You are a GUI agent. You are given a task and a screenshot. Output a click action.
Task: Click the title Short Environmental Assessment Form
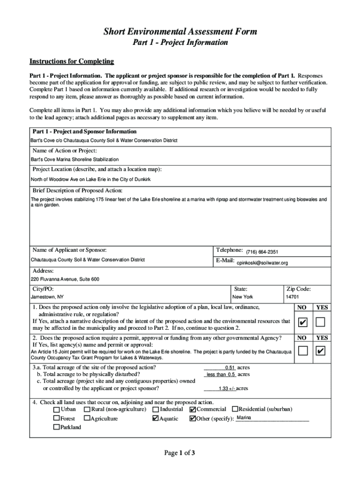pyautogui.click(x=180, y=32)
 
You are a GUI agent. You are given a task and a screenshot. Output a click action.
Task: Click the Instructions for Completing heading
pyautogui.click(x=72, y=62)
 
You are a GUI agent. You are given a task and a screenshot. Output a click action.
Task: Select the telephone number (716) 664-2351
pyautogui.click(x=262, y=252)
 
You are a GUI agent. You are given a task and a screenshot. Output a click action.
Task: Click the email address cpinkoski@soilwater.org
pyautogui.click(x=262, y=263)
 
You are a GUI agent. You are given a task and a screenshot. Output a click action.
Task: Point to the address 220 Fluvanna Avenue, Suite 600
pyautogui.click(x=65, y=279)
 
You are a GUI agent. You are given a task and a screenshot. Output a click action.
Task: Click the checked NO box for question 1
pyautogui.click(x=302, y=322)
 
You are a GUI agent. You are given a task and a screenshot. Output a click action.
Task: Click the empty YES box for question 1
pyautogui.click(x=321, y=322)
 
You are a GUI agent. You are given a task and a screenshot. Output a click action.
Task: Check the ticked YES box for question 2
pyautogui.click(x=321, y=351)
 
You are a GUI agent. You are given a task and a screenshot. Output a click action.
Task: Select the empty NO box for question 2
pyautogui.click(x=302, y=351)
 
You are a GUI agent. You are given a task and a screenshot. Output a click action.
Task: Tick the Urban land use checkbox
pyautogui.click(x=57, y=409)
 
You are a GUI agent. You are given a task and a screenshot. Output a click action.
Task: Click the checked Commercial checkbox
pyautogui.click(x=193, y=409)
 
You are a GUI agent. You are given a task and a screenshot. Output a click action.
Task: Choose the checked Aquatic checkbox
pyautogui.click(x=155, y=419)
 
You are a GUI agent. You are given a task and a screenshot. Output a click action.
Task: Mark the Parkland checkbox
pyautogui.click(x=57, y=427)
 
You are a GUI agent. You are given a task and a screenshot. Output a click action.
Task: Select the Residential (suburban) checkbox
pyautogui.click(x=235, y=409)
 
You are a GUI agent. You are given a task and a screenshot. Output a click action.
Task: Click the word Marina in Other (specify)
pyautogui.click(x=244, y=418)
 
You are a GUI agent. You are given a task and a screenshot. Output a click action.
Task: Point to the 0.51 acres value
pyautogui.click(x=230, y=368)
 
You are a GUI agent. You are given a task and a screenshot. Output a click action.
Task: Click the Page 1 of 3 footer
pyautogui.click(x=180, y=453)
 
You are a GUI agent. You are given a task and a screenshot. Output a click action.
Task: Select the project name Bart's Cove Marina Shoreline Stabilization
pyautogui.click(x=75, y=160)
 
